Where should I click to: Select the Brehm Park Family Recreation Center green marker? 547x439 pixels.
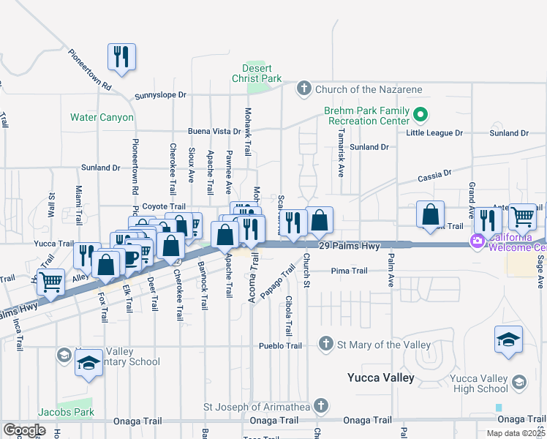coord(420,114)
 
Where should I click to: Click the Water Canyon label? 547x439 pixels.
coord(102,117)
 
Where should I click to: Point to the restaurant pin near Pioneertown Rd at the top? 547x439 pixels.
coord(122,57)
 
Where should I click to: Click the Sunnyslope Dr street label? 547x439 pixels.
coord(161,96)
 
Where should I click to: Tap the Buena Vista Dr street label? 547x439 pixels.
coord(214,131)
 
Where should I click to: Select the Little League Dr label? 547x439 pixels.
coord(435,133)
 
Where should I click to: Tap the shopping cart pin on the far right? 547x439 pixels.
coord(522,216)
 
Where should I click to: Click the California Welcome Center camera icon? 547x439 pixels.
coord(478,240)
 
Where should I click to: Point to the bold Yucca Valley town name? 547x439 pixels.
coord(380,378)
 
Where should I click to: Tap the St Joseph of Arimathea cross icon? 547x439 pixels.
coord(320,406)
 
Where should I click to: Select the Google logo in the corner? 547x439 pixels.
coord(24,430)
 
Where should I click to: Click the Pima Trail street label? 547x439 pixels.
coord(349,271)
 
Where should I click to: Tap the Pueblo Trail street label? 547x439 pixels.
coord(280,345)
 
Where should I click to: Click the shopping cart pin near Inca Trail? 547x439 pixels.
coord(50,280)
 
